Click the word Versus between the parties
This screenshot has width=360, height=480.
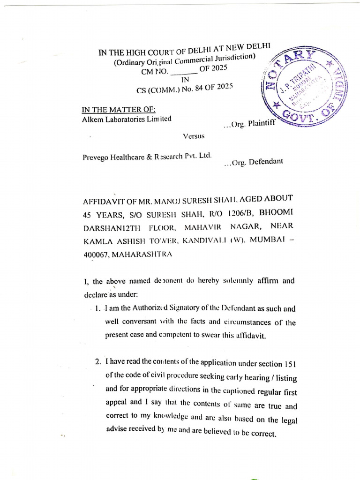click(193, 136)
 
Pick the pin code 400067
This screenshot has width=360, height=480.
click(98, 254)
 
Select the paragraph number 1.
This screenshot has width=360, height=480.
click(97, 309)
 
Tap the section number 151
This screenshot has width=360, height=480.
click(290, 364)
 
